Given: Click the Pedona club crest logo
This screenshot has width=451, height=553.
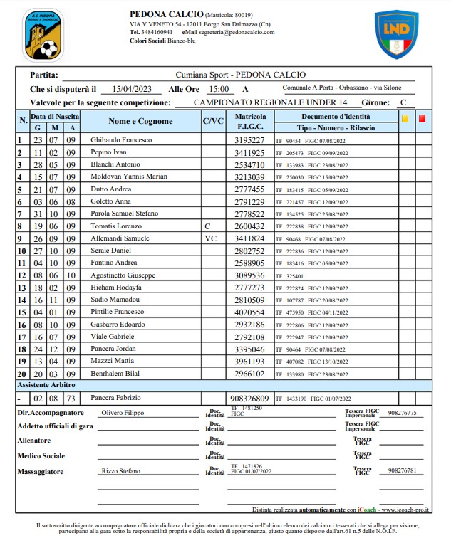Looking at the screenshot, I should [42, 35].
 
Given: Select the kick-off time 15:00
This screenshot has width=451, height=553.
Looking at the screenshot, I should [218, 90].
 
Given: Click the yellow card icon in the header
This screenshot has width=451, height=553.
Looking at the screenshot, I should [405, 119].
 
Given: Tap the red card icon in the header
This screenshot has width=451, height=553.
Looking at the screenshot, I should [422, 119].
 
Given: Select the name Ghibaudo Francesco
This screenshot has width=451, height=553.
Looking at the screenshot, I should [121, 140].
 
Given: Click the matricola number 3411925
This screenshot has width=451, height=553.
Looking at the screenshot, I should [249, 153].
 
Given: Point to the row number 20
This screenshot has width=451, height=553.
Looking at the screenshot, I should [22, 374].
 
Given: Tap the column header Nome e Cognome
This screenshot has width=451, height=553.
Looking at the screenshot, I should [140, 121].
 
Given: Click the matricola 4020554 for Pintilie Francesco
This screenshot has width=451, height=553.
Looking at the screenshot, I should [249, 312].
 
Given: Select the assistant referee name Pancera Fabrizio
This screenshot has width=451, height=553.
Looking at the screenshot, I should [116, 398].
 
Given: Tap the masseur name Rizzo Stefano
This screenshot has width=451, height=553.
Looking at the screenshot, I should [120, 471].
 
